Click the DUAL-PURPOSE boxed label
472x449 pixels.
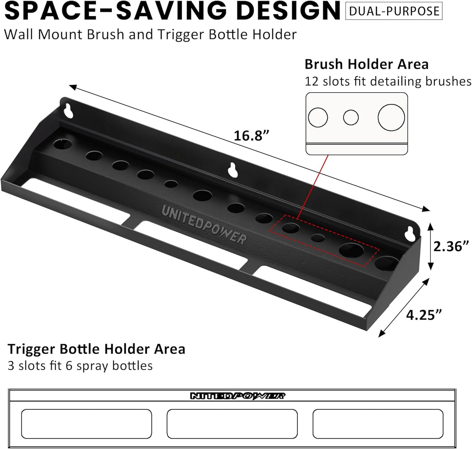[394, 11]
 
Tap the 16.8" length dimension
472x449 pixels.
[252, 136]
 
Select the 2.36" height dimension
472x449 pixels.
[451, 246]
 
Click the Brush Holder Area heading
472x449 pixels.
[366, 64]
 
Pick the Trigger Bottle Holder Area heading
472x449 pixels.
[96, 349]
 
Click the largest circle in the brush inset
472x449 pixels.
[391, 117]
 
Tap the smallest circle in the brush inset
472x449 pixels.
[351, 117]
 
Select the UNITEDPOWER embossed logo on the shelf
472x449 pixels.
[204, 225]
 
